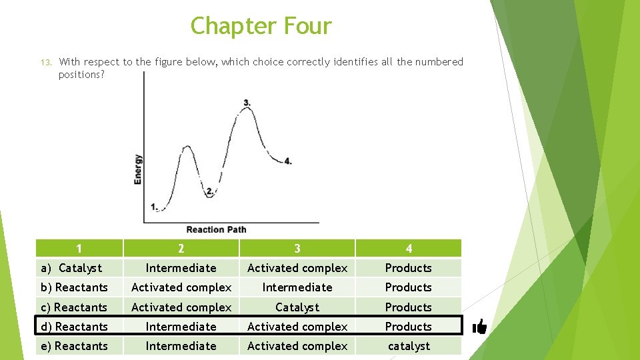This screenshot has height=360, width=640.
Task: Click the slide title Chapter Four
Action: [x=261, y=26]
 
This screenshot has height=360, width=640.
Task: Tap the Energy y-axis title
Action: [x=137, y=169]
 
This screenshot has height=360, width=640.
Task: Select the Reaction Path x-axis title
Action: [x=216, y=229]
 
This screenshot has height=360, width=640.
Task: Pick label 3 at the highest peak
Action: [x=247, y=103]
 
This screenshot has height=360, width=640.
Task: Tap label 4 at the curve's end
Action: [x=287, y=161]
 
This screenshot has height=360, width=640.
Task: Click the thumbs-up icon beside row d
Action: [x=479, y=326]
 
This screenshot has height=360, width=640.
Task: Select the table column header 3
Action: [x=297, y=249]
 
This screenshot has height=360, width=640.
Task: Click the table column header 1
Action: [x=79, y=249]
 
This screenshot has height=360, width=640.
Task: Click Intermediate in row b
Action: [x=297, y=287]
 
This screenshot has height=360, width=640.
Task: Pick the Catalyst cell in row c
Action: [x=297, y=307]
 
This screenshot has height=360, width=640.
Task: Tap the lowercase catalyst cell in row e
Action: [x=409, y=346]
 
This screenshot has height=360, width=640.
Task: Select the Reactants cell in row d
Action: [x=75, y=327]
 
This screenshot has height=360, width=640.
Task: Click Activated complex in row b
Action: [x=181, y=287]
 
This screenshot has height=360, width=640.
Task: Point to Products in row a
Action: [x=409, y=268]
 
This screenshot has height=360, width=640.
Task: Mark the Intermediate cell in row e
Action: [x=181, y=346]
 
